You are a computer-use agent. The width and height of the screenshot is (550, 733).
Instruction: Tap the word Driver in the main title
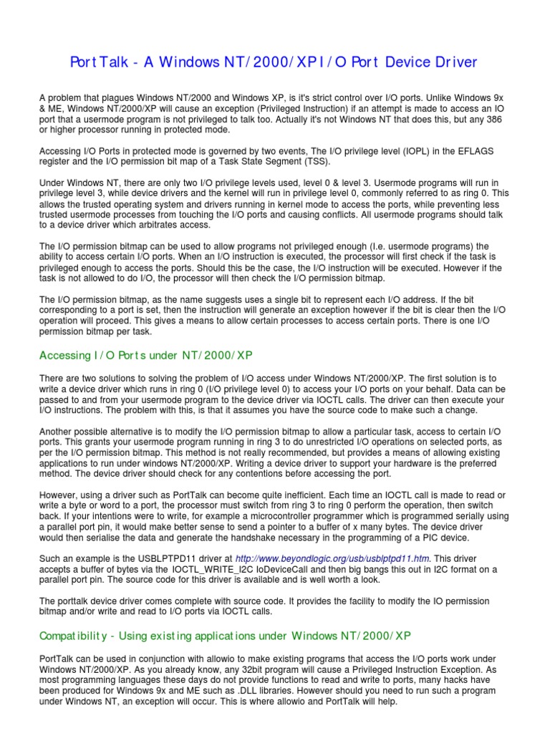tap(448, 62)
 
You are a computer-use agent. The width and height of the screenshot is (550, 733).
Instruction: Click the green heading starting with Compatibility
tap(225, 635)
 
